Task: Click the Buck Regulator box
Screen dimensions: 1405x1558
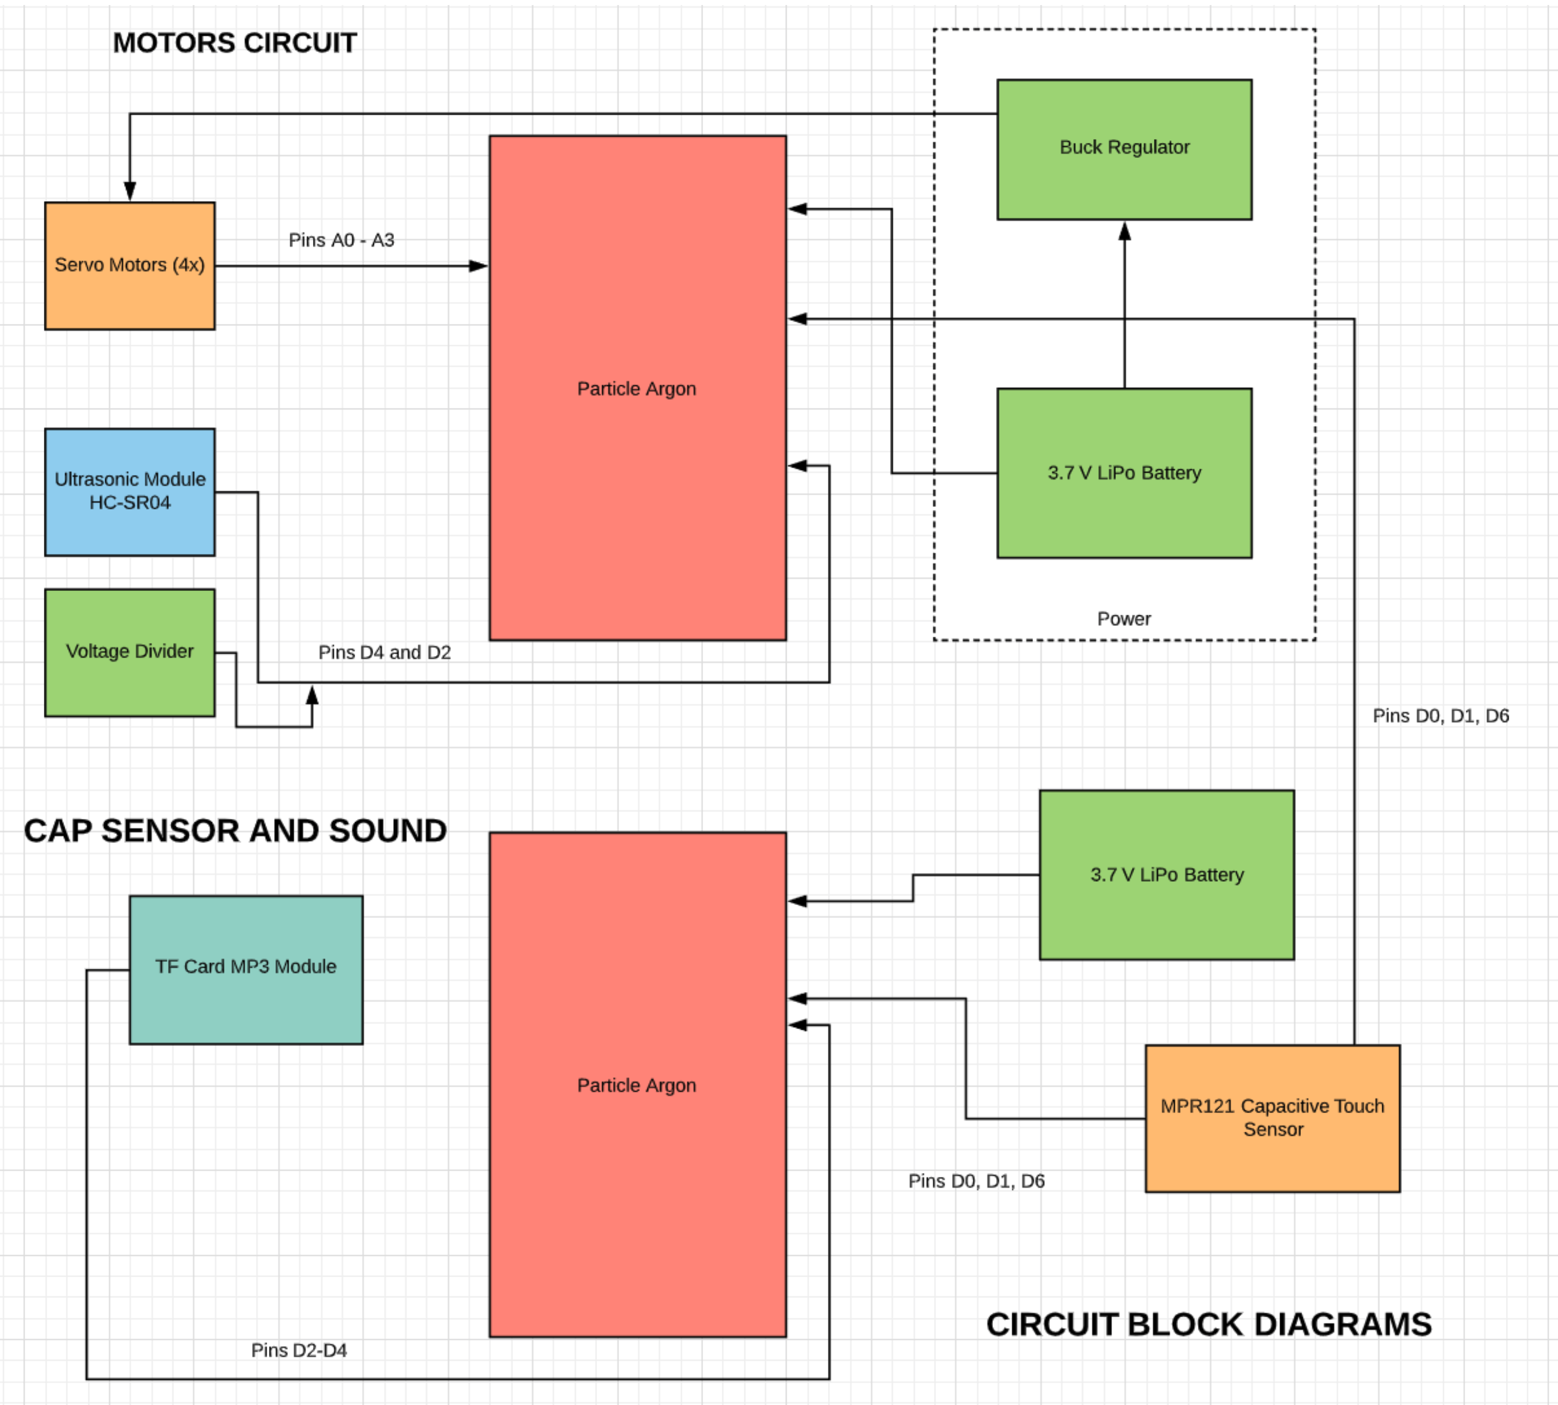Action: [x=1124, y=149]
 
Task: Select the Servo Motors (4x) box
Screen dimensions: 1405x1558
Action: [x=130, y=266]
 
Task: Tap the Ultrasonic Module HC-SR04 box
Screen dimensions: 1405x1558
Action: [x=130, y=492]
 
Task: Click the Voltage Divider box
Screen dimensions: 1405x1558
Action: [x=130, y=652]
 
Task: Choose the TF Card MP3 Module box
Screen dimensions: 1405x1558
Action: [x=246, y=969]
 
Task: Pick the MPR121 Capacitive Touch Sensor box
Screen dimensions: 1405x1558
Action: [x=1271, y=1118]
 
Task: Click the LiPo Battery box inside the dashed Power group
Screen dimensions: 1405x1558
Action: [x=1124, y=473]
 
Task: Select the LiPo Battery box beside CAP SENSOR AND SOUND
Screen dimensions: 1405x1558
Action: [x=1167, y=875]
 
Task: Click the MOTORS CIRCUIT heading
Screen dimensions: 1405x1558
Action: [x=235, y=43]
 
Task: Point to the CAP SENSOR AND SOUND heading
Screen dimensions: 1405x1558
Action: [x=235, y=830]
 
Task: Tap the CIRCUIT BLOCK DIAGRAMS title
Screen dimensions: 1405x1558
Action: [x=1208, y=1325]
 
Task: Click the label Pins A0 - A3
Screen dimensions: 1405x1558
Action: [x=341, y=240]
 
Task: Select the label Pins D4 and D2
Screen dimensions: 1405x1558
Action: [x=384, y=652]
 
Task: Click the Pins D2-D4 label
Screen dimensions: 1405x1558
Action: [x=299, y=1350]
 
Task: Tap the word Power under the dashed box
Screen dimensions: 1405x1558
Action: [x=1124, y=619]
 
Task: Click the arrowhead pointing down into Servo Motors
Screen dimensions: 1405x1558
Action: [x=130, y=192]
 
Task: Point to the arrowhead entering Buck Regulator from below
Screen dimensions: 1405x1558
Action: [x=1124, y=231]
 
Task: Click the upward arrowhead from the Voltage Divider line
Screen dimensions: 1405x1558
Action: [x=312, y=695]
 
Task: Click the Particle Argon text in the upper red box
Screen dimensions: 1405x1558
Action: [x=637, y=389]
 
